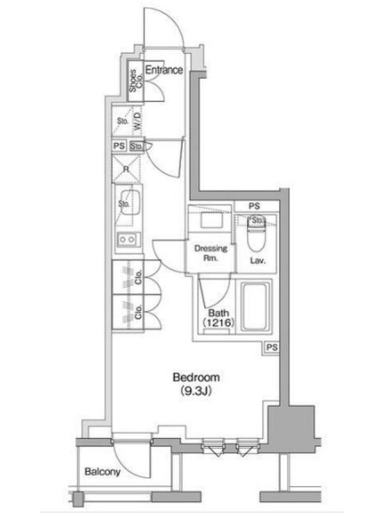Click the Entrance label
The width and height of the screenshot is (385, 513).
click(x=164, y=70)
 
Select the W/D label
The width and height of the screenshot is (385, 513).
click(x=137, y=121)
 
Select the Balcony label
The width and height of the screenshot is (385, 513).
click(x=102, y=471)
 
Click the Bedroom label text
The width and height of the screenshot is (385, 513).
click(x=196, y=377)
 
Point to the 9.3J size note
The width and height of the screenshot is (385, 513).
click(x=196, y=391)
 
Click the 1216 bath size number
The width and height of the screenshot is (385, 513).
click(x=218, y=323)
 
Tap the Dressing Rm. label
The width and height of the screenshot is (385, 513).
click(x=211, y=253)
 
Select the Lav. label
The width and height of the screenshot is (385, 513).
click(x=258, y=261)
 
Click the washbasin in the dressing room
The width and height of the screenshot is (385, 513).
click(x=211, y=220)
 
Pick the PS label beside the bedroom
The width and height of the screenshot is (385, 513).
click(x=271, y=347)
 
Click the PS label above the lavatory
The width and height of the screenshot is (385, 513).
click(x=254, y=206)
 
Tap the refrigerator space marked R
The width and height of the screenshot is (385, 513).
click(x=126, y=169)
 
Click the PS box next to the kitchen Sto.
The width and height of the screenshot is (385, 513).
click(x=119, y=146)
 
